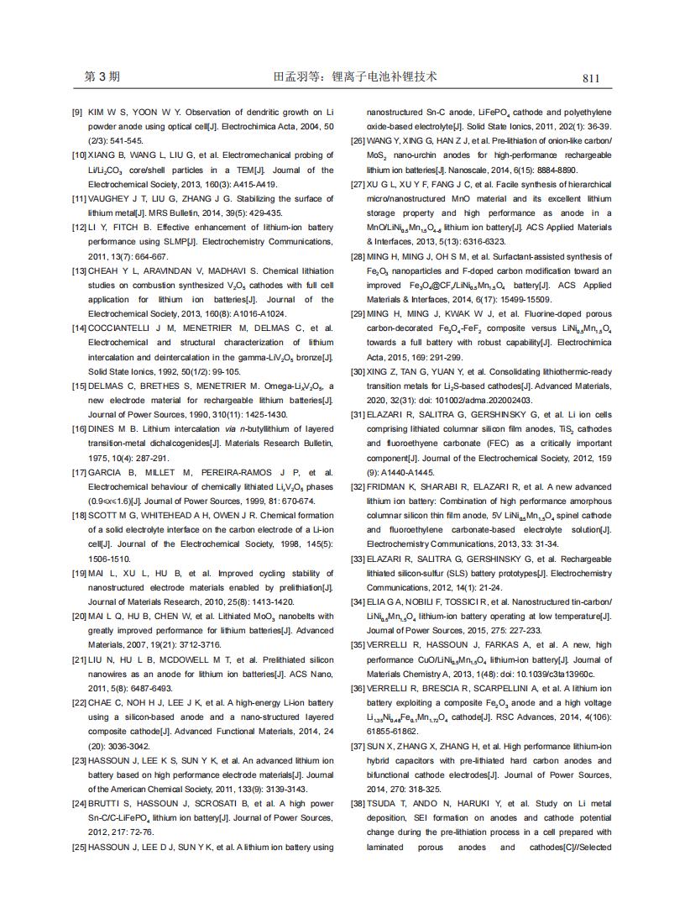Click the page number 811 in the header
[x=591, y=78]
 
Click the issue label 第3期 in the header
[x=102, y=77]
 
